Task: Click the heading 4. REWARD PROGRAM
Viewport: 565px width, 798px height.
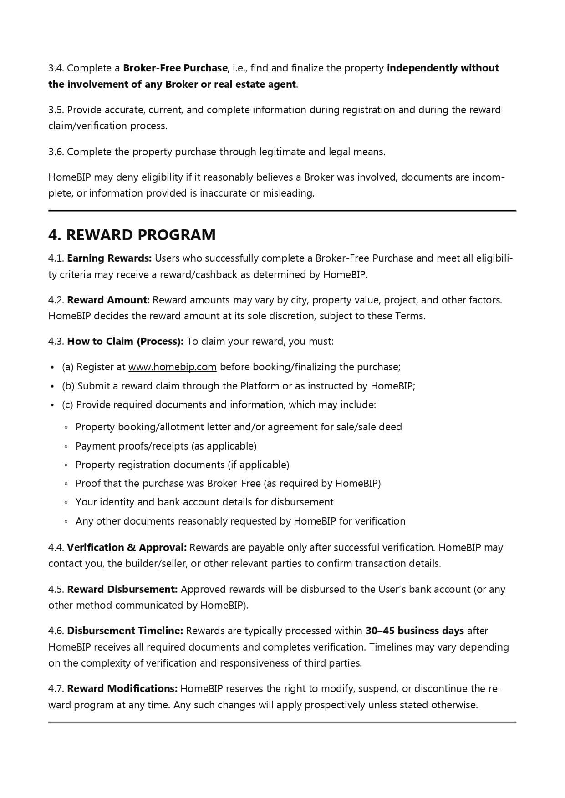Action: tap(132, 235)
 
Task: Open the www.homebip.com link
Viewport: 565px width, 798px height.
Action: tap(172, 367)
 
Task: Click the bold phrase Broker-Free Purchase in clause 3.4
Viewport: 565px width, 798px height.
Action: tap(175, 68)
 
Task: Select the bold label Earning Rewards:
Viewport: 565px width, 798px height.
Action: tap(109, 258)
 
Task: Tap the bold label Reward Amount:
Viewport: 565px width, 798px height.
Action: tap(108, 300)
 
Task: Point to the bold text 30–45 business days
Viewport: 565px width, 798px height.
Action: tap(414, 631)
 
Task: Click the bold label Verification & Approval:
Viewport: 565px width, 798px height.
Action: tap(127, 547)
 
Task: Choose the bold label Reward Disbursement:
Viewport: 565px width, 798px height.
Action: tap(122, 589)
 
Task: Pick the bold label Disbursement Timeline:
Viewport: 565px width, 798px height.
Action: tap(125, 631)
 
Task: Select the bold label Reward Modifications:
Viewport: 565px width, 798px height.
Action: tap(122, 688)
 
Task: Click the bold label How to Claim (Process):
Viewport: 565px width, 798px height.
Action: tap(125, 341)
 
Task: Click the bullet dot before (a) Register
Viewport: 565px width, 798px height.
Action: tap(52, 367)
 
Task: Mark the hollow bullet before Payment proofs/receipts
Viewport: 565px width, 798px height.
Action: tap(66, 446)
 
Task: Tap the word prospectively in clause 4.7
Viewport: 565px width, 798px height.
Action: tap(335, 705)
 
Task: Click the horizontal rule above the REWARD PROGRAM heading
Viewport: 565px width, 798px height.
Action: tap(282, 211)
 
